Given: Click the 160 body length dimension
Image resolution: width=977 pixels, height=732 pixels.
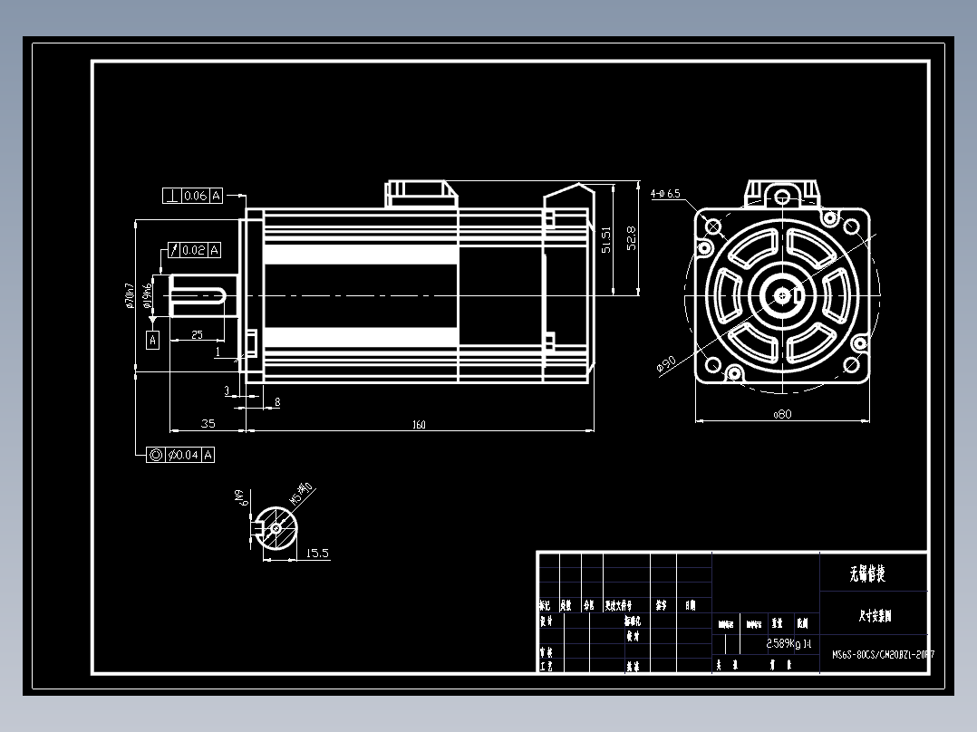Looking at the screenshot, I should click(x=419, y=424).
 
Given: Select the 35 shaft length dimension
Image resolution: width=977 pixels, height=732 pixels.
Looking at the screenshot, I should click(x=208, y=423).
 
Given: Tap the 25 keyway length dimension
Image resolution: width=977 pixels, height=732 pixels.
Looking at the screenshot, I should click(x=197, y=335).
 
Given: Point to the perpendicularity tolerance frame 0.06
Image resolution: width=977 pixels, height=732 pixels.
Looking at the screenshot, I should click(x=192, y=196).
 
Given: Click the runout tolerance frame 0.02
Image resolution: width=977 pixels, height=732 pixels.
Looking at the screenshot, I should click(x=192, y=250).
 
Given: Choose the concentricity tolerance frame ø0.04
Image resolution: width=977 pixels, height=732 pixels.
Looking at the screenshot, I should click(x=181, y=455).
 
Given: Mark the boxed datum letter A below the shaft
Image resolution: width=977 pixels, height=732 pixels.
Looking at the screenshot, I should click(x=153, y=340).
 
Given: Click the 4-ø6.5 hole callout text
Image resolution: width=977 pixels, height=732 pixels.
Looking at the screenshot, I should click(x=665, y=193).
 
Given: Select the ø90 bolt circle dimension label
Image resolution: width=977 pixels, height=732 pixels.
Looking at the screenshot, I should click(x=666, y=364).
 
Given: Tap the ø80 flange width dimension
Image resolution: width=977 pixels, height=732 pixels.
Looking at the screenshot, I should click(x=782, y=414).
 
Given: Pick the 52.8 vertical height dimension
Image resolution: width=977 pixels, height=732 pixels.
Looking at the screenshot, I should click(x=632, y=237).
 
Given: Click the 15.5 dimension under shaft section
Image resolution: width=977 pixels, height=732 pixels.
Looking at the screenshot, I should click(x=317, y=553).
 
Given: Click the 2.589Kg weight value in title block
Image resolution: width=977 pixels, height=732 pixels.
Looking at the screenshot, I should click(x=783, y=644).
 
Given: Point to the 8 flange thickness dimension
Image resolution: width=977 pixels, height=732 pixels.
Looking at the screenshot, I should click(x=276, y=401).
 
